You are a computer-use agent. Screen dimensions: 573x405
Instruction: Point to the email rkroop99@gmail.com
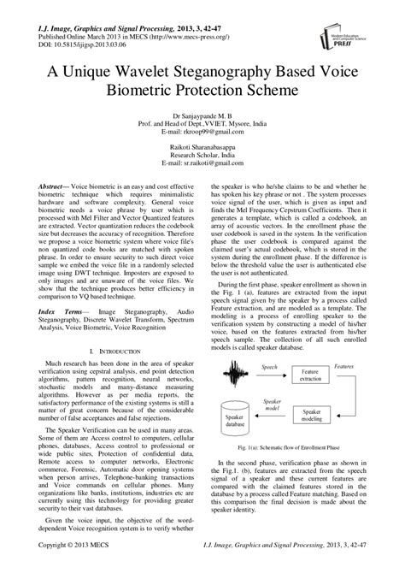point(202,133)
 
